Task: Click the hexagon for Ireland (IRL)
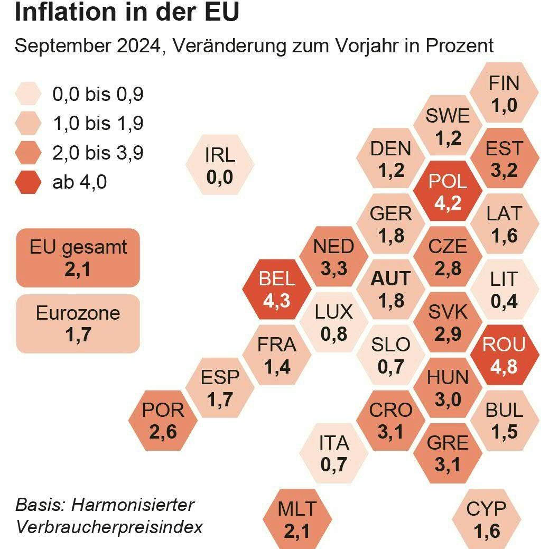pyautogui.click(x=220, y=166)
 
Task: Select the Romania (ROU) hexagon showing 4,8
pyautogui.click(x=504, y=355)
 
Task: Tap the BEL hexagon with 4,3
pyautogui.click(x=276, y=290)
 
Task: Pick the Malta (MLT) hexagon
pyautogui.click(x=297, y=519)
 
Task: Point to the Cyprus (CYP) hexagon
pyautogui.click(x=487, y=519)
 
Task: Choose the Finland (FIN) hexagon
pyautogui.click(x=504, y=94)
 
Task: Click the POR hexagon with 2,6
pyautogui.click(x=163, y=421)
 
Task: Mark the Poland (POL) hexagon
pyautogui.click(x=448, y=192)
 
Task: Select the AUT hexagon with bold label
pyautogui.click(x=391, y=289)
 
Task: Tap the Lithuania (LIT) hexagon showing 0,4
pyautogui.click(x=504, y=290)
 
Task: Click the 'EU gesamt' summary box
pyautogui.click(x=78, y=258)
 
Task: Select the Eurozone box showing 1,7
pyautogui.click(x=78, y=323)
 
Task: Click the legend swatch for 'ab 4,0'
pyautogui.click(x=29, y=183)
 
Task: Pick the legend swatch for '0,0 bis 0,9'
pyautogui.click(x=29, y=95)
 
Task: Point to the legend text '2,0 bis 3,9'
pyautogui.click(x=98, y=153)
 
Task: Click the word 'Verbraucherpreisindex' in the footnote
pyautogui.click(x=109, y=527)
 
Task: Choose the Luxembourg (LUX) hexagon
pyautogui.click(x=333, y=322)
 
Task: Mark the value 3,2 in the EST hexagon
pyautogui.click(x=504, y=170)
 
